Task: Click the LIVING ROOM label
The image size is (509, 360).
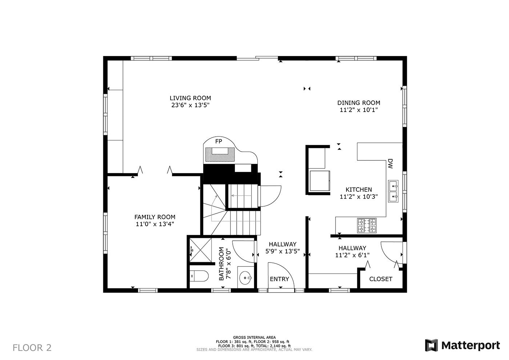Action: pyautogui.click(x=190, y=98)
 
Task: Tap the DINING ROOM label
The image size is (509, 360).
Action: pyautogui.click(x=358, y=103)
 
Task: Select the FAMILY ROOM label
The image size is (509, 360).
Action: pyautogui.click(x=155, y=217)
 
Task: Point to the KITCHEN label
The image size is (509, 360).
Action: pyautogui.click(x=358, y=189)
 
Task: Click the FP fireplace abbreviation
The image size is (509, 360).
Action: pyautogui.click(x=219, y=141)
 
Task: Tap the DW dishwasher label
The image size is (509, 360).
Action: pyautogui.click(x=390, y=164)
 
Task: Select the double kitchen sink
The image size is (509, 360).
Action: pyautogui.click(x=393, y=191)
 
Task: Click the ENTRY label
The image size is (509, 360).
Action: pyautogui.click(x=279, y=279)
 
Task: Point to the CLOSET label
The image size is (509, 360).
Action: pyautogui.click(x=381, y=279)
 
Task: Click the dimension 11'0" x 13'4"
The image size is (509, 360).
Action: pyautogui.click(x=155, y=224)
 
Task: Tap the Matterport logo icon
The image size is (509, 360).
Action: pyautogui.click(x=432, y=345)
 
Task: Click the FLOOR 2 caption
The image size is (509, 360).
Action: pyautogui.click(x=32, y=348)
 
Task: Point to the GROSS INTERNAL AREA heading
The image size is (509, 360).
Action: pyautogui.click(x=254, y=337)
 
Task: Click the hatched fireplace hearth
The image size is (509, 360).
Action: pyautogui.click(x=220, y=155)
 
